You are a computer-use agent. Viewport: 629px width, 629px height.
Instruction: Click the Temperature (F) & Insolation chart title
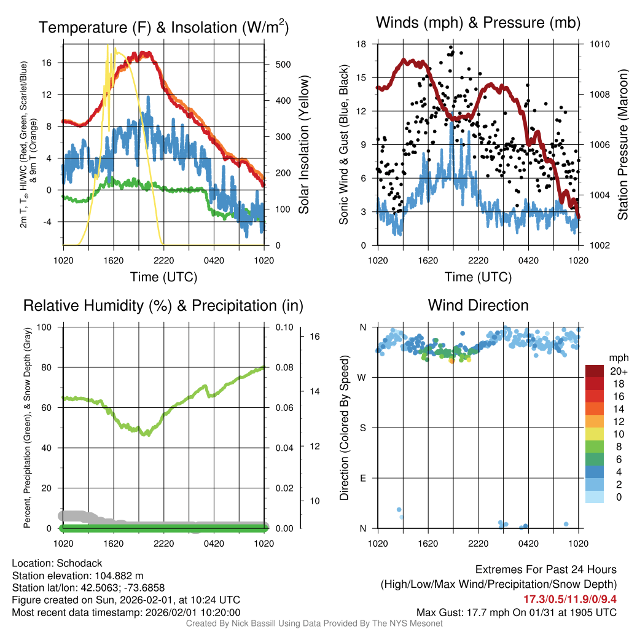163,28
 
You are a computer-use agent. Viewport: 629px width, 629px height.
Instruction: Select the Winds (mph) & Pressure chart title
478,23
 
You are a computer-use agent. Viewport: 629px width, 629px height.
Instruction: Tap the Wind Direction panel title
478,305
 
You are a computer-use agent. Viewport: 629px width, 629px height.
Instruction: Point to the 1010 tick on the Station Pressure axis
600,44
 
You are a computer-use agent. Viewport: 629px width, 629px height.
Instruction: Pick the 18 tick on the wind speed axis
361,44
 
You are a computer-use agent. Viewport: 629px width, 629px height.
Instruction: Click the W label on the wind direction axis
363,377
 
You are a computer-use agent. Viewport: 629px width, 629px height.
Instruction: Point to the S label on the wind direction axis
363,428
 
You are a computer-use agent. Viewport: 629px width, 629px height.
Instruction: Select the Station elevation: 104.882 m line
77,576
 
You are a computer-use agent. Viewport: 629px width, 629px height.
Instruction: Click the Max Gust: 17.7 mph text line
516,612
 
